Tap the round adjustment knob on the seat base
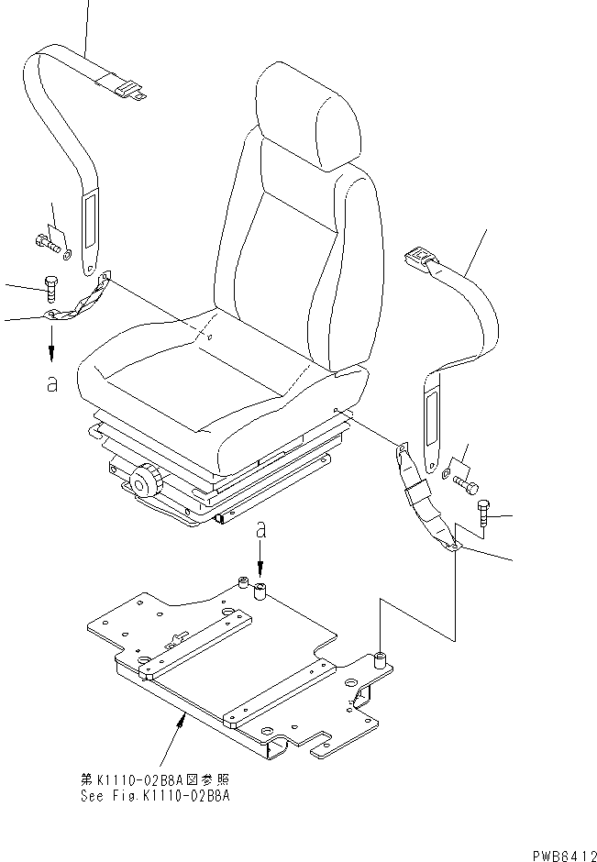coord(145,481)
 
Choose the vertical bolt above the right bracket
coord(484,515)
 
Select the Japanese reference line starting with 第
coord(155,779)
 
